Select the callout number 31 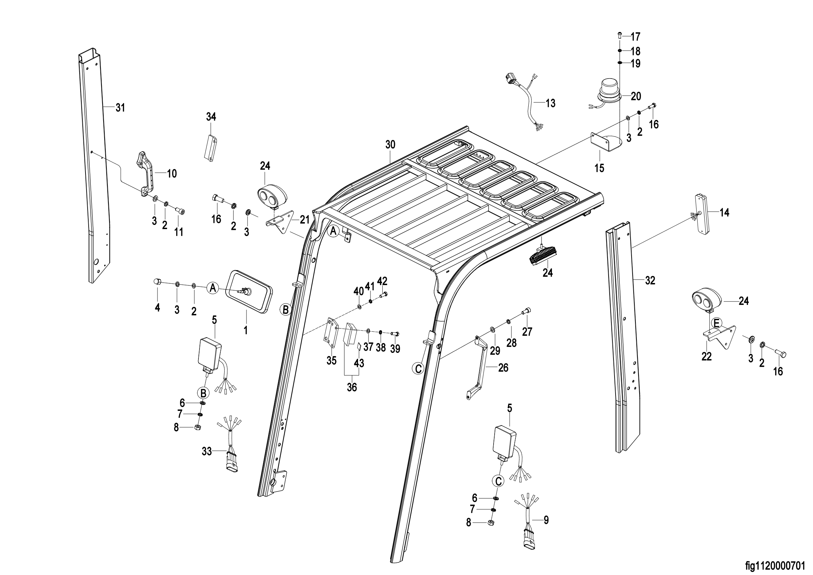coord(120,108)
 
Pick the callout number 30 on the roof coord(390,145)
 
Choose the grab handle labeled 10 coord(146,174)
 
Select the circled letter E coord(716,323)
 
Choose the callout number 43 coord(359,363)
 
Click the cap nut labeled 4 coord(157,282)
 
